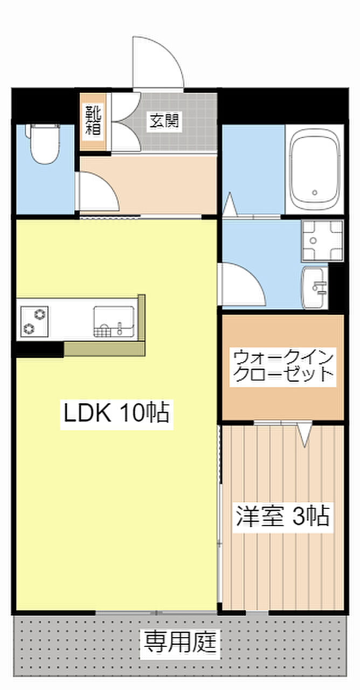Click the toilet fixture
click(x=43, y=143)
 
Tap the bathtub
click(x=314, y=169)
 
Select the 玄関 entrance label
click(x=164, y=121)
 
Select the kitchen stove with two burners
click(x=34, y=321)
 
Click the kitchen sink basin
click(x=114, y=321)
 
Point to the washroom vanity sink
click(x=314, y=287)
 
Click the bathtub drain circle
click(x=314, y=192)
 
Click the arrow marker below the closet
click(x=304, y=436)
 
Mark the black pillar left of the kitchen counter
click(x=39, y=349)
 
